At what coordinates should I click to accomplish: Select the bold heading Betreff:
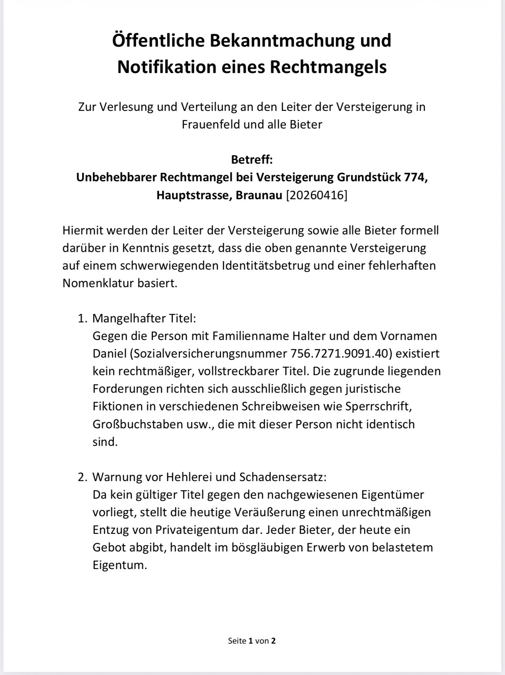(252, 159)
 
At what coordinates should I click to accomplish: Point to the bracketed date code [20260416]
(317, 195)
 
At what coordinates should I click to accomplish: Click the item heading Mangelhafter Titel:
(144, 318)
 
